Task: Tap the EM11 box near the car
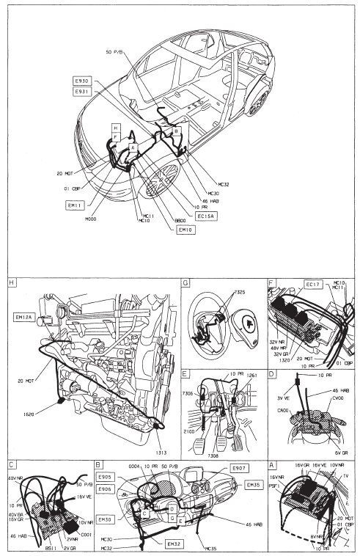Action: point(75,205)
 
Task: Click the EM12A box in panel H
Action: point(26,318)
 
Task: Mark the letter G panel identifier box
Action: point(185,281)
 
